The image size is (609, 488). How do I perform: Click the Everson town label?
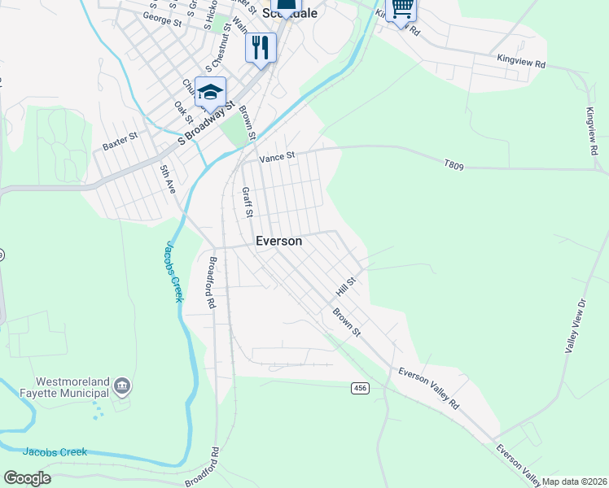click(x=279, y=241)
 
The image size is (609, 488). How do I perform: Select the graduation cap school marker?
click(x=210, y=92)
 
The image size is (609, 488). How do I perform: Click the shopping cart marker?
click(x=401, y=9)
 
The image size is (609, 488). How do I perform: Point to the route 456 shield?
click(x=360, y=388)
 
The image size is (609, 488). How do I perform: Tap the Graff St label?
click(x=247, y=203)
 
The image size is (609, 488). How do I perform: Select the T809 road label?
click(x=454, y=166)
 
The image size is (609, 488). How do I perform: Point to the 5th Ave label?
click(x=167, y=178)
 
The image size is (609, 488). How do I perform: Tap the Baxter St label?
click(x=118, y=145)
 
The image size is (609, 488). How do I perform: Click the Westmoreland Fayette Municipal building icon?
click(x=121, y=385)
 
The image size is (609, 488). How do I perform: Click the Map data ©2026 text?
click(x=575, y=481)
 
